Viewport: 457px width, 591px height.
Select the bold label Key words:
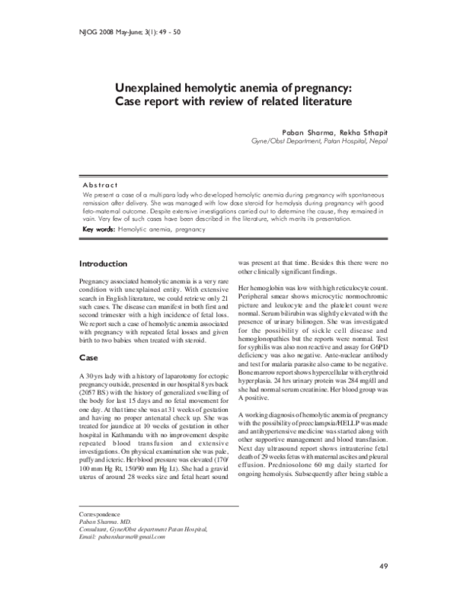(x=98, y=228)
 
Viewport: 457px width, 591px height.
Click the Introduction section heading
(x=103, y=264)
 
